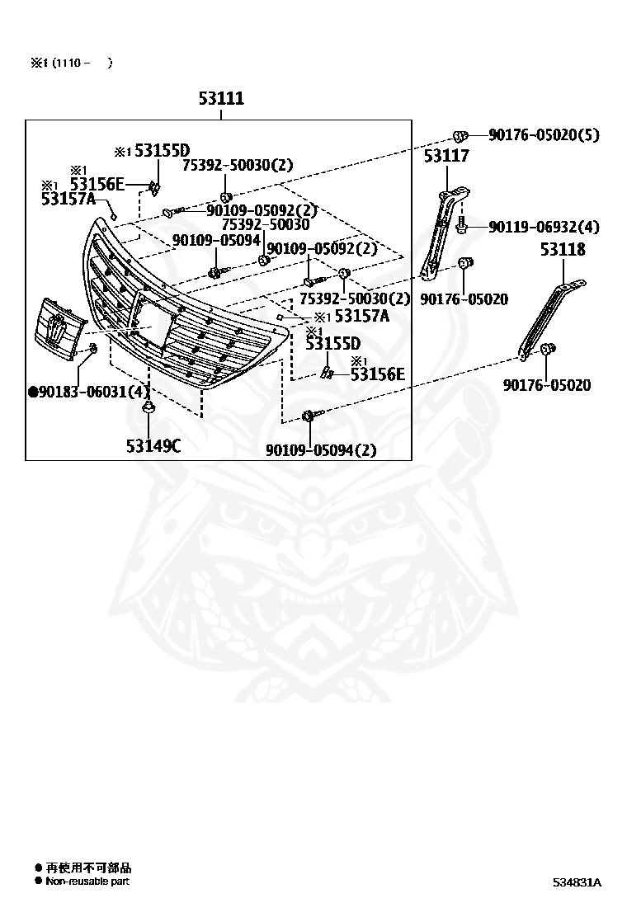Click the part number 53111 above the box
coord(221,97)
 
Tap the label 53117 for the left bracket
coord(446,156)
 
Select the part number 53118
coord(563,249)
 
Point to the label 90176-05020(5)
coord(544,135)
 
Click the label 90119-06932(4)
coord(544,226)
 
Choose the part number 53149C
coord(153,446)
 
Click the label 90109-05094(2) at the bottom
coord(321,449)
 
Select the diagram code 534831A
coord(577,882)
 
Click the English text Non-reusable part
coord(87,882)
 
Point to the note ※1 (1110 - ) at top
coord(71,63)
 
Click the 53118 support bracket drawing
coord(551,319)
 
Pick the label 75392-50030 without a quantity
coord(266,224)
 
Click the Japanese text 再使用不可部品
coord(88,868)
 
